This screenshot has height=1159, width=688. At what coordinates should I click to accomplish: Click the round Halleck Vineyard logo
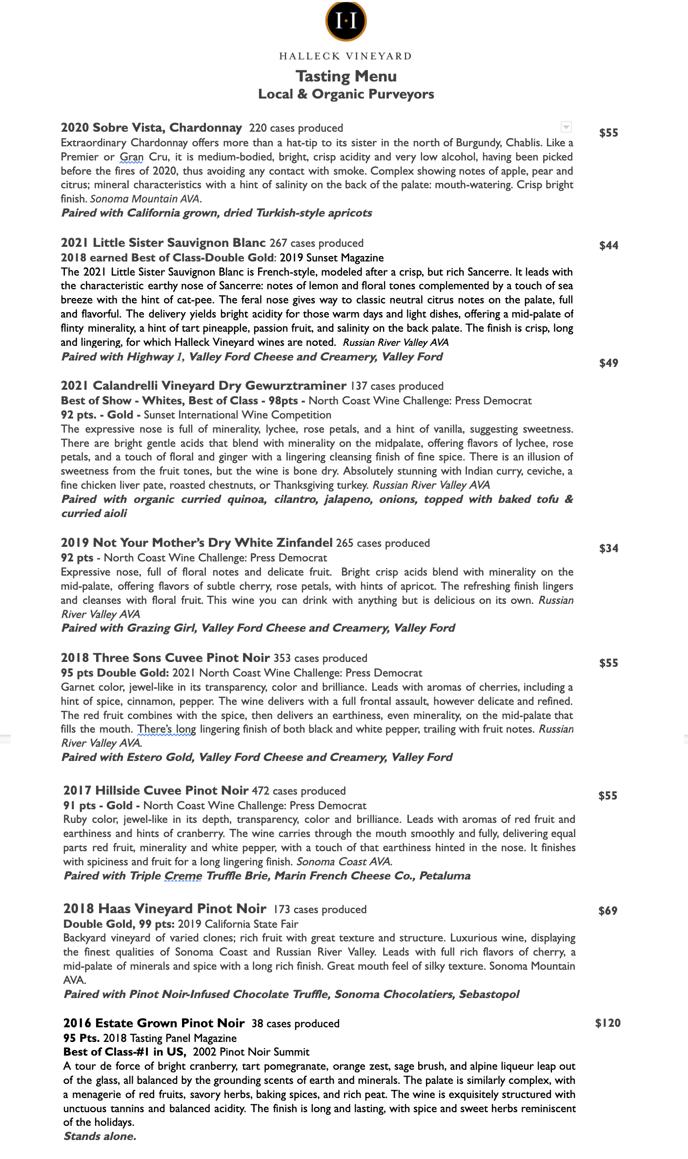[x=346, y=21]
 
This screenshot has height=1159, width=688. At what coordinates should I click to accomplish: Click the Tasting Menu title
[x=346, y=76]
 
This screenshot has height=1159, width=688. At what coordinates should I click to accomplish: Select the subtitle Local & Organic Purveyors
[x=346, y=94]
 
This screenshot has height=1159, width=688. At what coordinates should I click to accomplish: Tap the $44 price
[x=608, y=245]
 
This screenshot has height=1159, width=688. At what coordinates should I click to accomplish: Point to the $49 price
[x=608, y=363]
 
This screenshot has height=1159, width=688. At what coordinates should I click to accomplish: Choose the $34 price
[x=608, y=548]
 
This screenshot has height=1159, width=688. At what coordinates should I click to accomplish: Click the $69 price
[x=607, y=911]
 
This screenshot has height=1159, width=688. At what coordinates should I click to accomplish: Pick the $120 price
[x=607, y=1023]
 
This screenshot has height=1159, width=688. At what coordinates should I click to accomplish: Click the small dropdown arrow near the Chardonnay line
[x=566, y=127]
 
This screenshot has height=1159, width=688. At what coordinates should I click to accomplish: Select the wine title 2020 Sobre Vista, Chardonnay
[x=151, y=128]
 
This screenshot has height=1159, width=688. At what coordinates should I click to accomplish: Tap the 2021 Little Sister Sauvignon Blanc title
[x=163, y=243]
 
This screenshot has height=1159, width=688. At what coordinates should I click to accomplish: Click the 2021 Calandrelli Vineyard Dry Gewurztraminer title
[x=203, y=386]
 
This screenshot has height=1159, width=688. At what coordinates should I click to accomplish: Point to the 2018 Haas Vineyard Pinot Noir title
[x=164, y=909]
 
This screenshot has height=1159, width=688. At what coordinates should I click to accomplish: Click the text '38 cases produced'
[x=295, y=1023]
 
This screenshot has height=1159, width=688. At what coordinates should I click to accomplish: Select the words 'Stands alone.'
[x=100, y=1136]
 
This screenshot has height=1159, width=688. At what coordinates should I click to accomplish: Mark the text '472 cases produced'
[x=299, y=791]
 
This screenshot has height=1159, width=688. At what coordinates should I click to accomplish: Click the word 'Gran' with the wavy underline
[x=131, y=157]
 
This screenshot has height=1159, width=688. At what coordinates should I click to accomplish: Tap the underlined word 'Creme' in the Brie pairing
[x=183, y=876]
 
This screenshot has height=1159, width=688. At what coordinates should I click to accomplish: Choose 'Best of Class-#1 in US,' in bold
[x=124, y=1052]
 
